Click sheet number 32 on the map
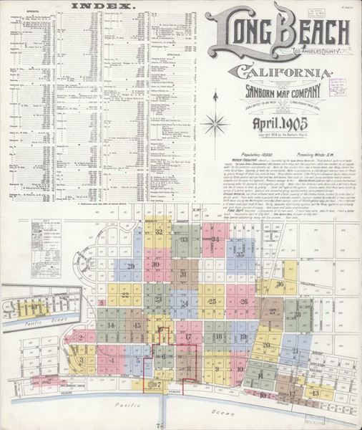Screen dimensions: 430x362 (159, 232)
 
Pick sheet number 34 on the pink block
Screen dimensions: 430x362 (215, 239)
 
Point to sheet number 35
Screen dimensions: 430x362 (240, 254)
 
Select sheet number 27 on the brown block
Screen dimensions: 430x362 (273, 312)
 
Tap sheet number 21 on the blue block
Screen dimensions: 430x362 (295, 350)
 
